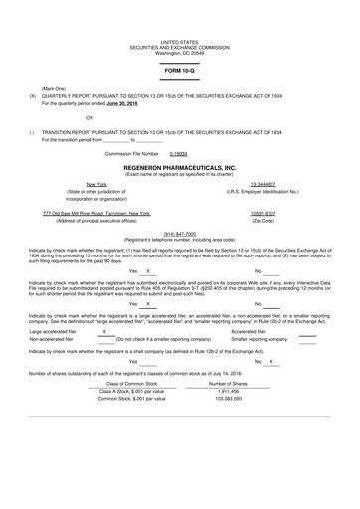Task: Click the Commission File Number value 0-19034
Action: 180,155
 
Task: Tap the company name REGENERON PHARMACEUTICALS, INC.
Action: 179,166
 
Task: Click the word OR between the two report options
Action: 90,120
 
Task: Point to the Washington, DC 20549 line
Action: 180,51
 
